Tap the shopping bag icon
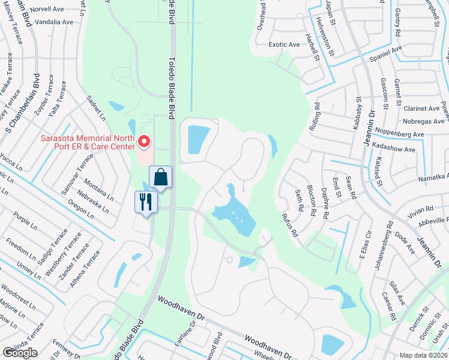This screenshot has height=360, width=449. [x=161, y=178]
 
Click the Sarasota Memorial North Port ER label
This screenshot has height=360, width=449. [x=86, y=143]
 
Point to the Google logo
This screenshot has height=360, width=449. [x=20, y=353]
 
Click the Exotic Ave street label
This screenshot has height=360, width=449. [x=284, y=44]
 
